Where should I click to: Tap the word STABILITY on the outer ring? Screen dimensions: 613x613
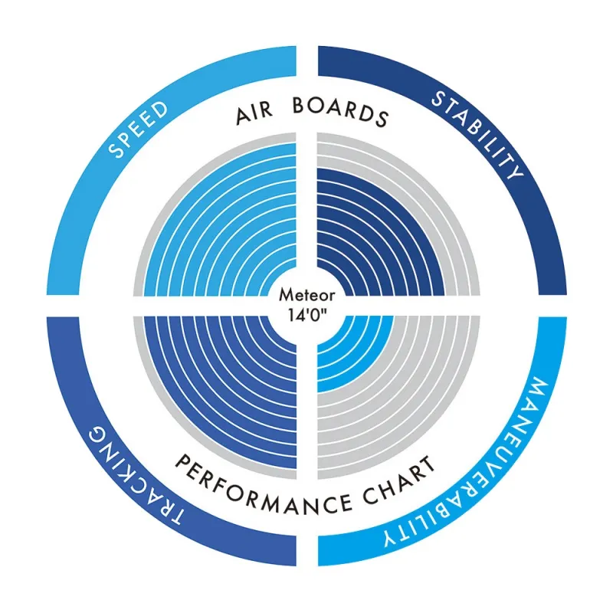tap(476, 133)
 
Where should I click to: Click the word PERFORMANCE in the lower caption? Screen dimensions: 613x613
tap(264, 488)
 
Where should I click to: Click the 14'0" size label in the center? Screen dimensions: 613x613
tap(306, 313)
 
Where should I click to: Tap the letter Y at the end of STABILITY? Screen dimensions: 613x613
tap(515, 172)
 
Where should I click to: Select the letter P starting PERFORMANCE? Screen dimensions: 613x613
tap(185, 462)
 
